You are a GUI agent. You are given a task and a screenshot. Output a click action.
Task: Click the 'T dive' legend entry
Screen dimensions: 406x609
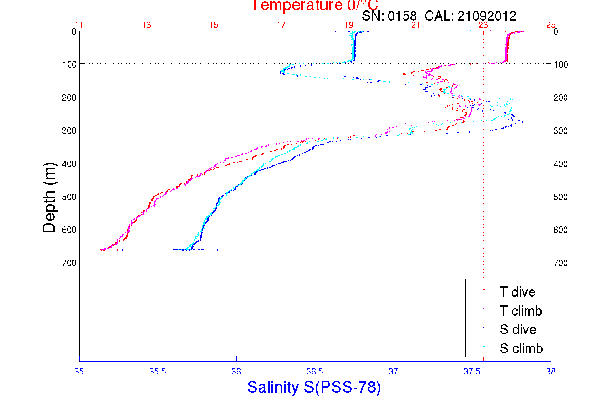point(517,292)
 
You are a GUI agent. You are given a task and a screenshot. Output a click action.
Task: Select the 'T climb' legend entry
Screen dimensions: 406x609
point(520,311)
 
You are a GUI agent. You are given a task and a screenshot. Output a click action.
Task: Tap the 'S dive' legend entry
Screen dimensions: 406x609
point(518,329)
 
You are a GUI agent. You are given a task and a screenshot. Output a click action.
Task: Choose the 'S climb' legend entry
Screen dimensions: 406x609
point(521,348)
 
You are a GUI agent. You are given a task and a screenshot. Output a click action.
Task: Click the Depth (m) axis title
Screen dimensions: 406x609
point(49,198)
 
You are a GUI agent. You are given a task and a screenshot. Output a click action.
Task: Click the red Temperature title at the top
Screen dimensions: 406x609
point(315,6)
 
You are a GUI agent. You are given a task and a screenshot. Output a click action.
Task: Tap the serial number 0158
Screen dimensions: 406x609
point(402,16)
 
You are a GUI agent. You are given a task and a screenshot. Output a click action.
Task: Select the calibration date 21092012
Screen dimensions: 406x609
point(487,16)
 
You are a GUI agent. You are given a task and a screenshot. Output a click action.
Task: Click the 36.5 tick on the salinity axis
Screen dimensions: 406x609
point(315,372)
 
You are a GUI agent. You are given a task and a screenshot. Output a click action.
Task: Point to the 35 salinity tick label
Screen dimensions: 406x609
point(79,372)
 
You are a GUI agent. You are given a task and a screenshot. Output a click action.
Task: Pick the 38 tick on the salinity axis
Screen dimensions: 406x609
point(551,372)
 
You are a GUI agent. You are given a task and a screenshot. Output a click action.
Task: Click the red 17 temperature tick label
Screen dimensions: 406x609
point(281,25)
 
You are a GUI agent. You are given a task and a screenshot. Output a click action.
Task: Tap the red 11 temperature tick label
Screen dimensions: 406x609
point(79,25)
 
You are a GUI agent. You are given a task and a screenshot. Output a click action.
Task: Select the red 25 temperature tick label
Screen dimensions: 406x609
point(551,25)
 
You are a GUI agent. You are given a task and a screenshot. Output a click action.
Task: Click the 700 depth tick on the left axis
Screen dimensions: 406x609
point(69,263)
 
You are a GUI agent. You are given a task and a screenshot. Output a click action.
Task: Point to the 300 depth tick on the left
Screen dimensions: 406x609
point(69,131)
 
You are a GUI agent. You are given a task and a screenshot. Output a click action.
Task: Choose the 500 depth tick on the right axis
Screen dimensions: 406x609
point(561,197)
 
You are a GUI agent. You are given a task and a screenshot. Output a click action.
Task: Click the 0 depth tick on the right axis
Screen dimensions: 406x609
point(556,32)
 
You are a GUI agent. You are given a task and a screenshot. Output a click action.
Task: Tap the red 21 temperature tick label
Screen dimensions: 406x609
point(416,25)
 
